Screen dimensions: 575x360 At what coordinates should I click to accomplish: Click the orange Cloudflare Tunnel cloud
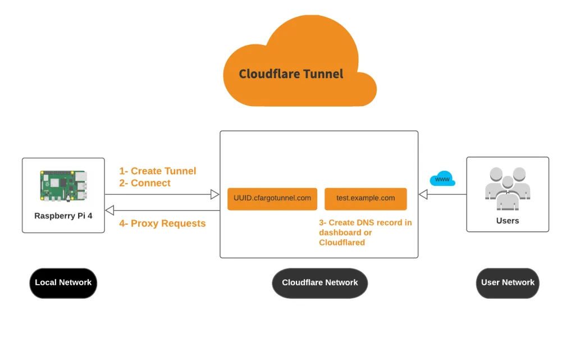click(x=300, y=62)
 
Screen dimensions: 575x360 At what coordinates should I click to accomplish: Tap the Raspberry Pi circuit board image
click(x=63, y=186)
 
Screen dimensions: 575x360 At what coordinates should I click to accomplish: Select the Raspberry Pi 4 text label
click(x=63, y=216)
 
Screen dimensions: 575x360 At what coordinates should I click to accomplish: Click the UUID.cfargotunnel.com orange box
click(x=272, y=199)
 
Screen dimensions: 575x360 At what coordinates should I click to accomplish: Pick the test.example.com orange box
click(x=366, y=199)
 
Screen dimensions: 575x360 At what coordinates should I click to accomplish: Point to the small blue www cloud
click(x=442, y=179)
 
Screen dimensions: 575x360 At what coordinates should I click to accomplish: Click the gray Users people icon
click(x=508, y=189)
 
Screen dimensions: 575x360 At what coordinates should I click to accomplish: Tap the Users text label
click(x=508, y=221)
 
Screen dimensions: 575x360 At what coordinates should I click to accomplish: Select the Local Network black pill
click(x=63, y=283)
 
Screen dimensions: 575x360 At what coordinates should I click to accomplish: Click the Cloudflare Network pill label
click(x=320, y=283)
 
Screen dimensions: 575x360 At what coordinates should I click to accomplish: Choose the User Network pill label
click(x=508, y=283)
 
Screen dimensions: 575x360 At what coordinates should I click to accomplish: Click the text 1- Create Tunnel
click(x=158, y=171)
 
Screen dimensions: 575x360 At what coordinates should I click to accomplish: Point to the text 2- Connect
click(x=145, y=183)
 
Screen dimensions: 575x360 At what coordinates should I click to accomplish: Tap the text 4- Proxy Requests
click(x=162, y=224)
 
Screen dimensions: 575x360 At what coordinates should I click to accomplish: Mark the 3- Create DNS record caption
click(x=365, y=233)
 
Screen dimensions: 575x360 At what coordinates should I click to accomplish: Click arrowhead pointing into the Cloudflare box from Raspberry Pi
click(x=215, y=194)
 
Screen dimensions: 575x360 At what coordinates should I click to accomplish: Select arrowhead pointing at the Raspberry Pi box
click(x=109, y=211)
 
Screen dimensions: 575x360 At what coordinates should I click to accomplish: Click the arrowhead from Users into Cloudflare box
click(x=423, y=194)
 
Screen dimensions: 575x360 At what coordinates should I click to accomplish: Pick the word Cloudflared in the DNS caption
click(x=342, y=242)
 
